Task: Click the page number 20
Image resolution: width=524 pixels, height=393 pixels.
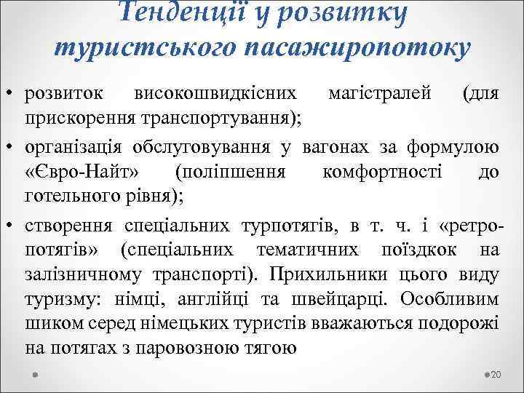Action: click(x=496, y=375)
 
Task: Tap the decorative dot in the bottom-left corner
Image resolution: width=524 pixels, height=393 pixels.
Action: click(x=36, y=374)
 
